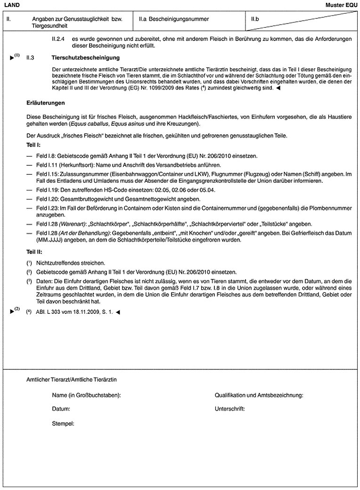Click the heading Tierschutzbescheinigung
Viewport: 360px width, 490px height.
tap(85, 57)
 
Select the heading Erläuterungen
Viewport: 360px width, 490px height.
tap(45, 102)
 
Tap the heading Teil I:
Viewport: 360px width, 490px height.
tap(34, 145)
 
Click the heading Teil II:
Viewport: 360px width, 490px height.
tap(34, 252)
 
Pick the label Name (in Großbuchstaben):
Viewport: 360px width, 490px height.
tap(87, 395)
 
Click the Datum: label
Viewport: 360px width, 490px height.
tap(61, 409)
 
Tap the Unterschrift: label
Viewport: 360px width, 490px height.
tap(230, 409)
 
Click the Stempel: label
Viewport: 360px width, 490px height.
tap(63, 424)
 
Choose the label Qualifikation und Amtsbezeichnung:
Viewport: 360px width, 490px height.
tap(259, 395)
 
